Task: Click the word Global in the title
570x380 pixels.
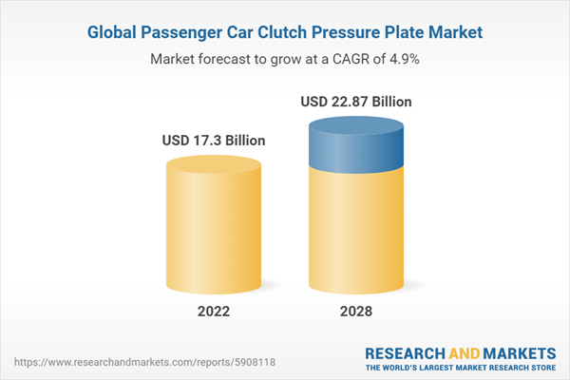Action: coord(119,32)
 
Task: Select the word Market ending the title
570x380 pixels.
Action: coord(451,32)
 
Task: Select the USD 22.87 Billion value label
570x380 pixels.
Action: coord(356,102)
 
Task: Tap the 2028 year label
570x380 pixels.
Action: coord(356,311)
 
